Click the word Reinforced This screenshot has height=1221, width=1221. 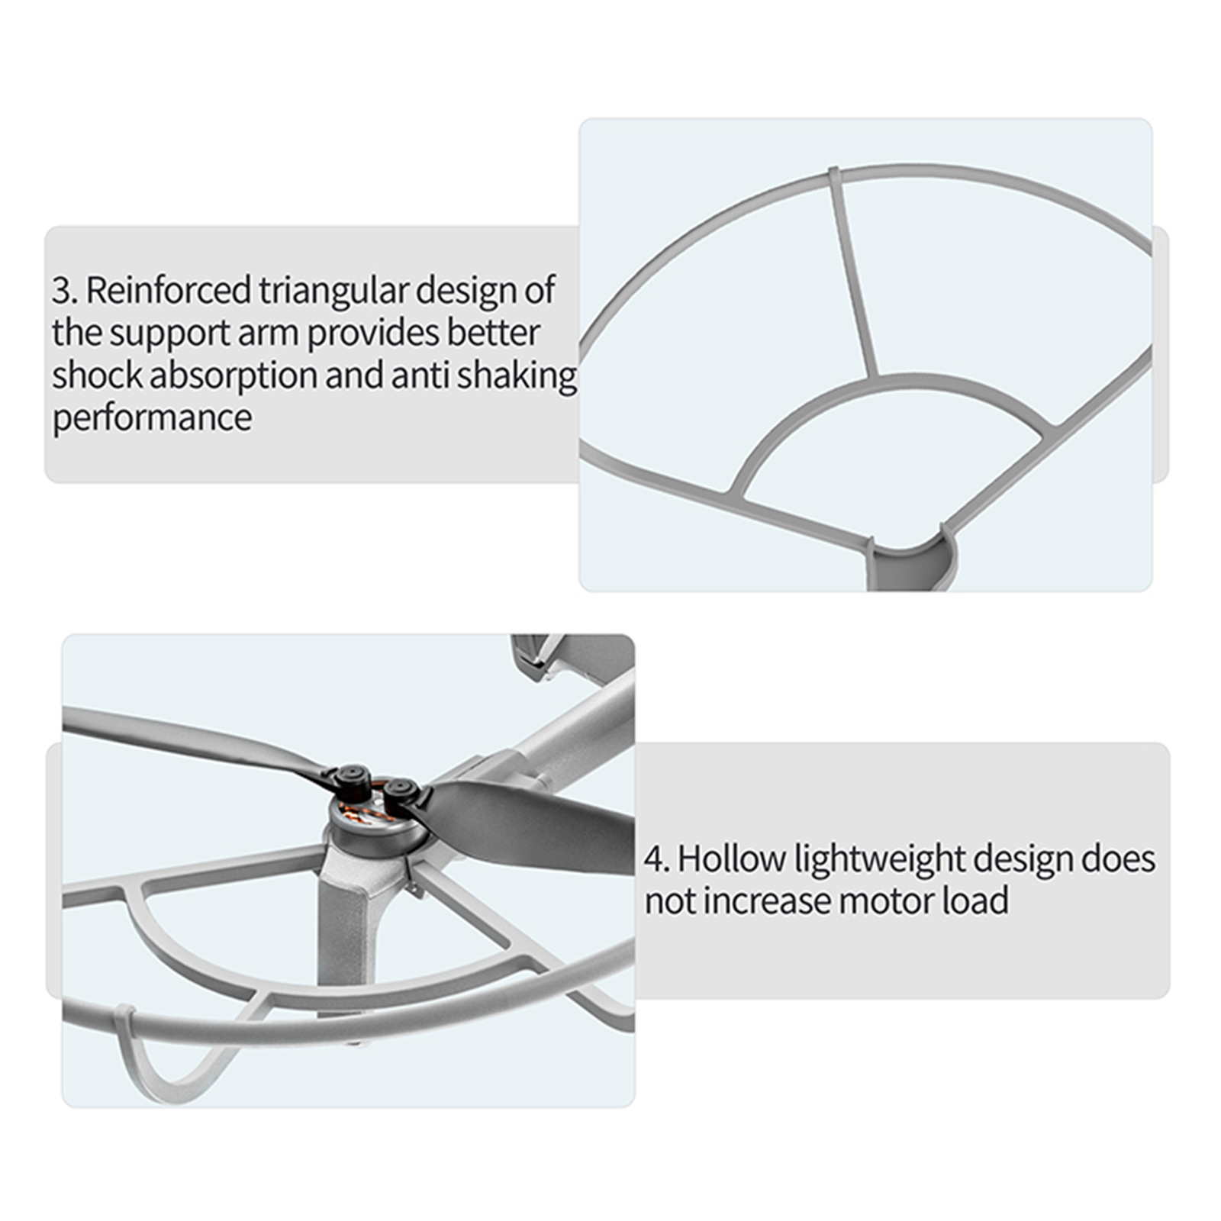(x=169, y=290)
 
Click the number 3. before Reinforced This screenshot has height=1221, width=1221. (x=65, y=291)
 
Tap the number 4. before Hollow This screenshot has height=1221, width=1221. (x=657, y=859)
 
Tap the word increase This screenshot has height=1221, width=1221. (x=767, y=901)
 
